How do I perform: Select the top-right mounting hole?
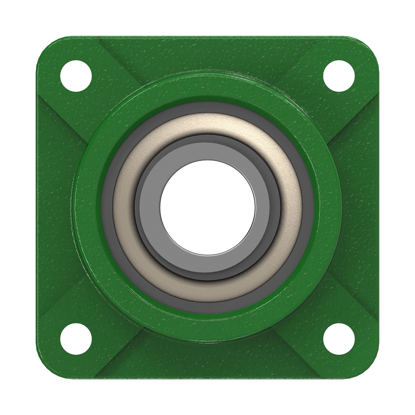pos(339,75)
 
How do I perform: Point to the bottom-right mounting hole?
pos(339,339)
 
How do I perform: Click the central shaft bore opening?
pos(207,207)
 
